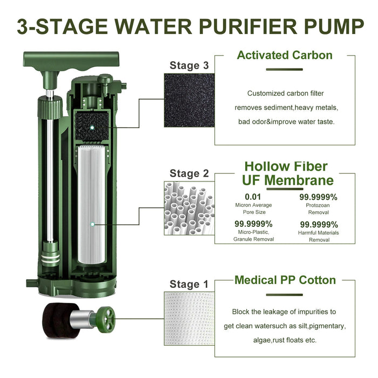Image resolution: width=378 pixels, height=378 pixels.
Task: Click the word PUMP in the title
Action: (322, 26)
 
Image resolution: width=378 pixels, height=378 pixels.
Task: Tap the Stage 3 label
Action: (189, 65)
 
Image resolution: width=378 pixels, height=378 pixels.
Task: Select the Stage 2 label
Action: (189, 173)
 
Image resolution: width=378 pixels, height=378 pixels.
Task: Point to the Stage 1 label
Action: (189, 284)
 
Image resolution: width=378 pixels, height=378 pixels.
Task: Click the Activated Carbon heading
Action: (285, 55)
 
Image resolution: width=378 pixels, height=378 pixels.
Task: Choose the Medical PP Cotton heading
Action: (285, 280)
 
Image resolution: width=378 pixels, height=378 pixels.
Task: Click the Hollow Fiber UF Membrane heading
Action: (286, 173)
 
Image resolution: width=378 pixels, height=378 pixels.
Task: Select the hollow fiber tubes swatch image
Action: (189, 208)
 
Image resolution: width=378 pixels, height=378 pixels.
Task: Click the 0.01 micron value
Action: (253, 197)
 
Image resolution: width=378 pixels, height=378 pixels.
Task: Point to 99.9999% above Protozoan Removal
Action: (319, 197)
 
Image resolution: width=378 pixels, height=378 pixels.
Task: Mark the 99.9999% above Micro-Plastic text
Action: (253, 224)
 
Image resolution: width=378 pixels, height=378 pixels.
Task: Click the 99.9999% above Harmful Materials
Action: (319, 225)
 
